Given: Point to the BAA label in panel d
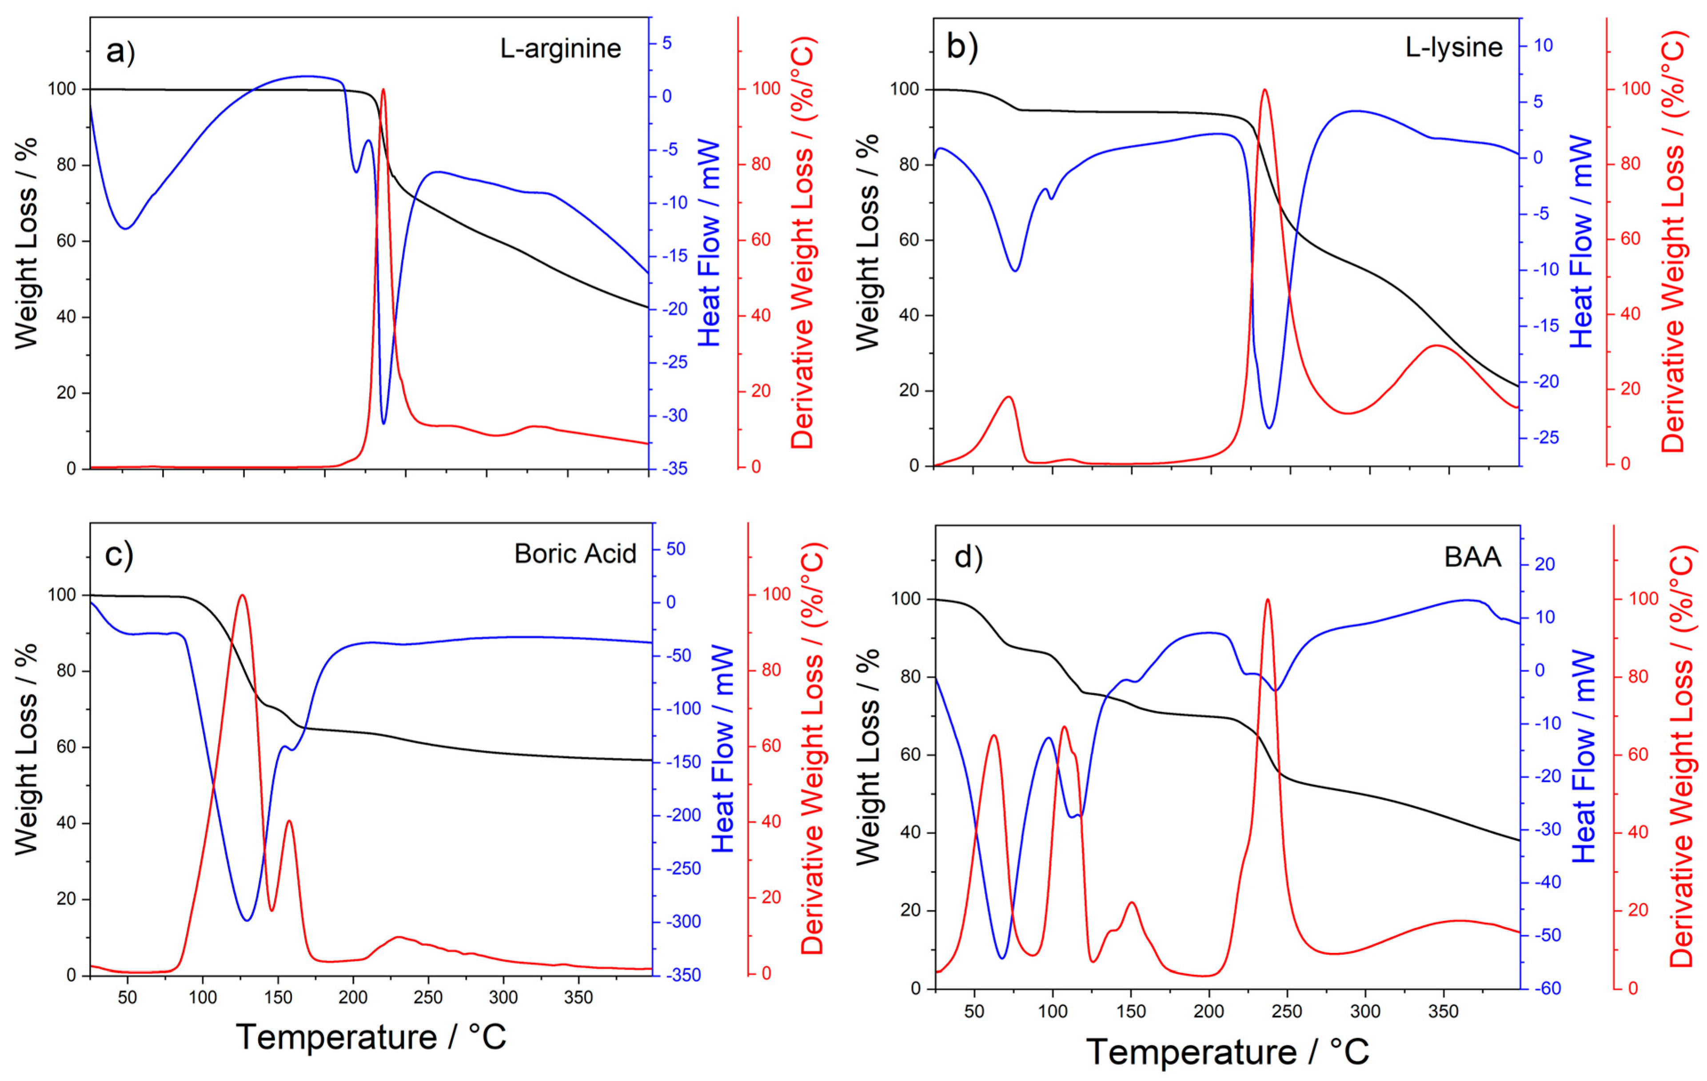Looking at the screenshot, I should tap(1472, 557).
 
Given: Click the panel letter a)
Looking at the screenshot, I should tap(120, 51).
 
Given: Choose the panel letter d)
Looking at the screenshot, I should tap(968, 558).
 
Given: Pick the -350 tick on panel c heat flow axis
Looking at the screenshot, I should tap(682, 975).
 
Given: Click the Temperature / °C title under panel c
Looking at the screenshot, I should tap(371, 1037).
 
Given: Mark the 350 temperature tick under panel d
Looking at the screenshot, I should tap(1443, 1012).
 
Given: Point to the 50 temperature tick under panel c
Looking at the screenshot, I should tap(128, 998).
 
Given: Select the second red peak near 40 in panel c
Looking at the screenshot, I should tap(288, 821).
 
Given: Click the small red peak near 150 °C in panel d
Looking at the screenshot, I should tap(1131, 903).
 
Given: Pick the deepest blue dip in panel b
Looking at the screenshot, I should tap(1269, 428).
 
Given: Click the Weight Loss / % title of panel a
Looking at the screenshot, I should tap(26, 243).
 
